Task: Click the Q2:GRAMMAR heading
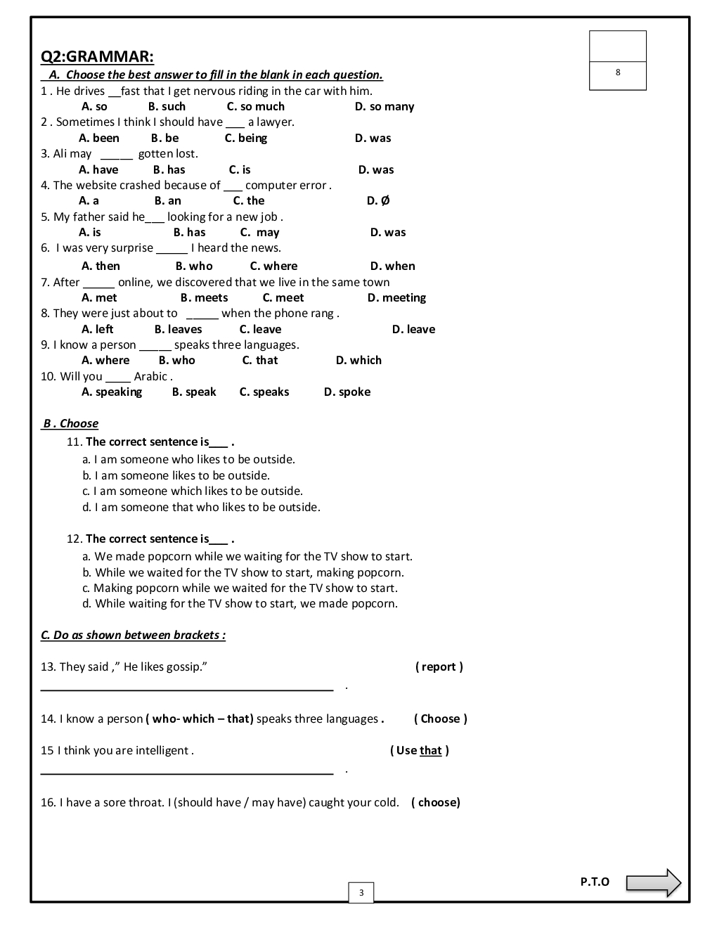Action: [x=97, y=57]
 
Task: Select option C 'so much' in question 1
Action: [x=255, y=107]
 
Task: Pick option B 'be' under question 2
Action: [x=164, y=138]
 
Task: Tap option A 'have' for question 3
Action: [x=98, y=170]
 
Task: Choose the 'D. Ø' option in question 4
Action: [x=378, y=201]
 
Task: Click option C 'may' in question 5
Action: [x=259, y=233]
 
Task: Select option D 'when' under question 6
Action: [x=392, y=266]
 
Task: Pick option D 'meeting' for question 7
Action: [x=396, y=298]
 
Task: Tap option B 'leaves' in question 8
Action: [x=178, y=330]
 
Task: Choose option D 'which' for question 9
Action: [x=358, y=361]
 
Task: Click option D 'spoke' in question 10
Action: [x=347, y=392]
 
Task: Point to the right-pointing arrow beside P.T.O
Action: [x=653, y=883]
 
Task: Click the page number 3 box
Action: [x=361, y=893]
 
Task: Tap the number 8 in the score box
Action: [x=618, y=72]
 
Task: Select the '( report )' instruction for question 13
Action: [x=439, y=667]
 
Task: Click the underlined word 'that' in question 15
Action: [x=431, y=751]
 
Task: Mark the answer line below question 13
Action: [x=187, y=690]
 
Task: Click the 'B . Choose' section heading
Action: [x=70, y=424]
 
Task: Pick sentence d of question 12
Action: [x=240, y=604]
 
